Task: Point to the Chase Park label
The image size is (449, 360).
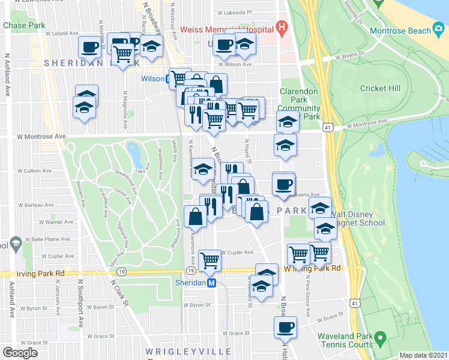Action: coord(24,26)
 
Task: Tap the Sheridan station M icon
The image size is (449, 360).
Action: coord(211,283)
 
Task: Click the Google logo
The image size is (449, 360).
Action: coord(20,352)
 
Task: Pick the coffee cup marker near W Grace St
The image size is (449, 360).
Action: coord(285,327)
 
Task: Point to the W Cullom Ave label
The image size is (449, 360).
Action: coord(32,171)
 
